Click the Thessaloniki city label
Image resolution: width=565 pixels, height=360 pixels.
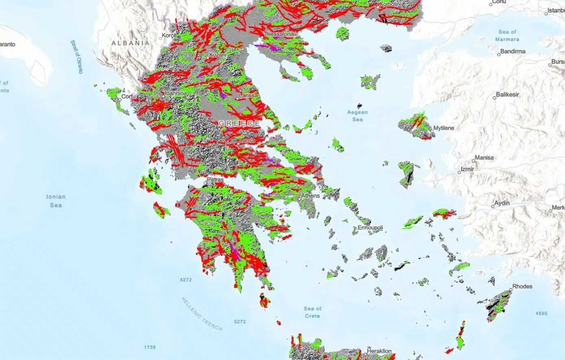[x=280, y=34]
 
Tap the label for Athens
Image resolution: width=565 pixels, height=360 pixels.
[x=310, y=196]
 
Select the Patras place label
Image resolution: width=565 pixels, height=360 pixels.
[x=215, y=179]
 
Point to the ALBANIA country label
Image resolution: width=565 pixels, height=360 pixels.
[x=130, y=43]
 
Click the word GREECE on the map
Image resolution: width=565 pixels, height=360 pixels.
[x=239, y=123]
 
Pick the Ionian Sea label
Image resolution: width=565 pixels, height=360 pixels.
[x=56, y=201]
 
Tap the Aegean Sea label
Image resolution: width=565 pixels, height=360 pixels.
[x=357, y=116]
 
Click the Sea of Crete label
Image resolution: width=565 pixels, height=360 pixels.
[x=312, y=312]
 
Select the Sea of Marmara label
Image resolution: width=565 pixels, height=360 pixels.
[x=507, y=35]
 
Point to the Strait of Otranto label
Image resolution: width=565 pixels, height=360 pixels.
[x=76, y=57]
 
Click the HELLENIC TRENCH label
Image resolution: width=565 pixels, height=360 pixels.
[x=202, y=314]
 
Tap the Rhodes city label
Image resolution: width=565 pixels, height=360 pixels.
[x=522, y=286]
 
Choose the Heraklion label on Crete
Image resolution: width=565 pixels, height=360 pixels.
[x=379, y=351]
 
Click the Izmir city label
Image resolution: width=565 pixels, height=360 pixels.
[x=467, y=169]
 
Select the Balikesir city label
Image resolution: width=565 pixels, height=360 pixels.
[x=507, y=94]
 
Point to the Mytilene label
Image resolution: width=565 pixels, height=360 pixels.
[x=443, y=128]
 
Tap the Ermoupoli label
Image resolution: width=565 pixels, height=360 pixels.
[x=370, y=228]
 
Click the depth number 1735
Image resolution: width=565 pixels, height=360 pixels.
[x=150, y=347]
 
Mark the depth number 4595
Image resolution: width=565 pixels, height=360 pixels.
[x=541, y=313]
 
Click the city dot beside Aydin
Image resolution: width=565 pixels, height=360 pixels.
[x=493, y=207]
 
